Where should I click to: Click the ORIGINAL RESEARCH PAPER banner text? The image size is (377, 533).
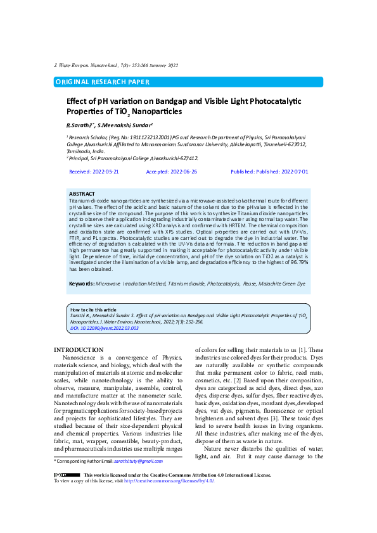[103, 82]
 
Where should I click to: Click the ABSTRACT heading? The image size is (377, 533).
[82, 194]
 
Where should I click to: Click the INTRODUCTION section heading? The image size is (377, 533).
[79, 350]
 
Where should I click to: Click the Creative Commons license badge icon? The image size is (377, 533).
[67, 475]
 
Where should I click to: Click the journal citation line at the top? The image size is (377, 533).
[116, 65]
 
